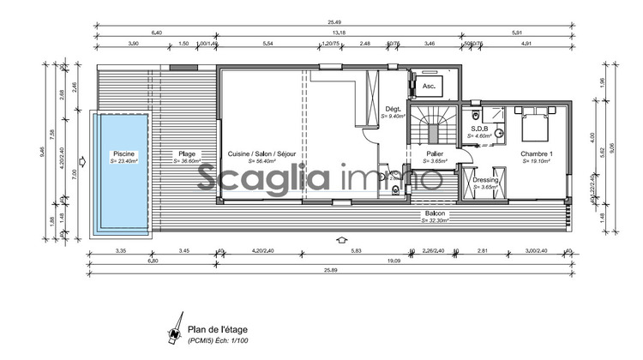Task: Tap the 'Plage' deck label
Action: (186, 154)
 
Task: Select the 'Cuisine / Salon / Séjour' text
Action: (261, 154)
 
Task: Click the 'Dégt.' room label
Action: (394, 109)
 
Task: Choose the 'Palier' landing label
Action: (435, 154)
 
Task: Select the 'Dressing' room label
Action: (485, 181)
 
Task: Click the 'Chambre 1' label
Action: (537, 154)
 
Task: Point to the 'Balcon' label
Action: (436, 213)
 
